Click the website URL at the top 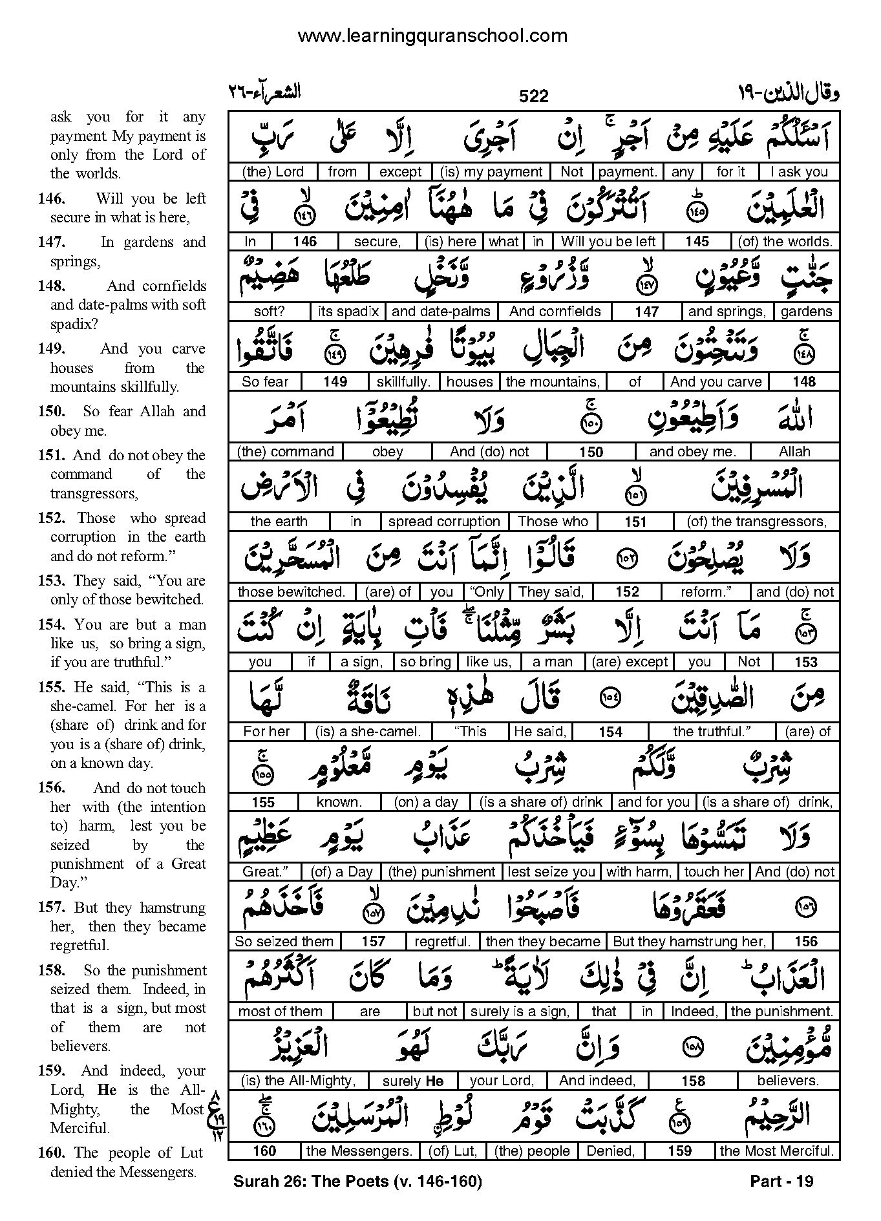[x=432, y=36]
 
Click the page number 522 [x=533, y=96]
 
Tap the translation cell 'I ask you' [x=798, y=172]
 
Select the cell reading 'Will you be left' [x=608, y=242]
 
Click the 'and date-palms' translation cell [x=441, y=312]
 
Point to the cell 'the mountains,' [x=552, y=382]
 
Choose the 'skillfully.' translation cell [x=403, y=382]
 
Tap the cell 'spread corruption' [x=444, y=522]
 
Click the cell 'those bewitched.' [x=291, y=592]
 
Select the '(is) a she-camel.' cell [x=368, y=732]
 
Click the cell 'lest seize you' [x=551, y=872]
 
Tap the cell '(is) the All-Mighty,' [x=298, y=1081]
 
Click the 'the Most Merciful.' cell [x=776, y=1151]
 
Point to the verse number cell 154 [x=610, y=732]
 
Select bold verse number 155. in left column [x=51, y=687]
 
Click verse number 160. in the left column [x=51, y=1152]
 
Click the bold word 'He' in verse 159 [x=107, y=1090]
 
